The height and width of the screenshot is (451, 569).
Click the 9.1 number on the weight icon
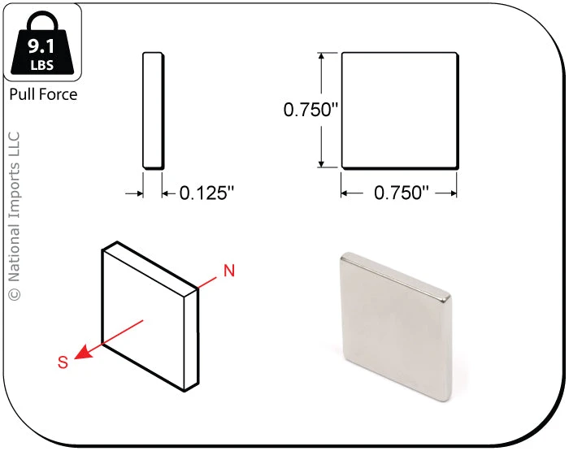click(41, 46)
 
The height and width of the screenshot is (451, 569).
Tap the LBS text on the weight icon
click(42, 65)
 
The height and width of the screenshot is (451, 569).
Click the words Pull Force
click(43, 94)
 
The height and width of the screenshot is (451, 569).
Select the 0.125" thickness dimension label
click(206, 193)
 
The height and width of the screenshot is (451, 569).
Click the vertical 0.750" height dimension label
click(311, 110)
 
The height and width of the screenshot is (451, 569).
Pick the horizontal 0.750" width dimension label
click(402, 193)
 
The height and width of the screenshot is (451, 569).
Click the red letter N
click(229, 271)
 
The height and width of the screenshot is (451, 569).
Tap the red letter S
click(63, 362)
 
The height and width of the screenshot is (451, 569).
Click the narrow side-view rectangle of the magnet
click(153, 111)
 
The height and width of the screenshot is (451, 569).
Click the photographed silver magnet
click(396, 327)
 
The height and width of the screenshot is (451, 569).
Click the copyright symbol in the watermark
click(14, 294)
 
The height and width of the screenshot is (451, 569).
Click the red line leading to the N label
click(207, 282)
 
